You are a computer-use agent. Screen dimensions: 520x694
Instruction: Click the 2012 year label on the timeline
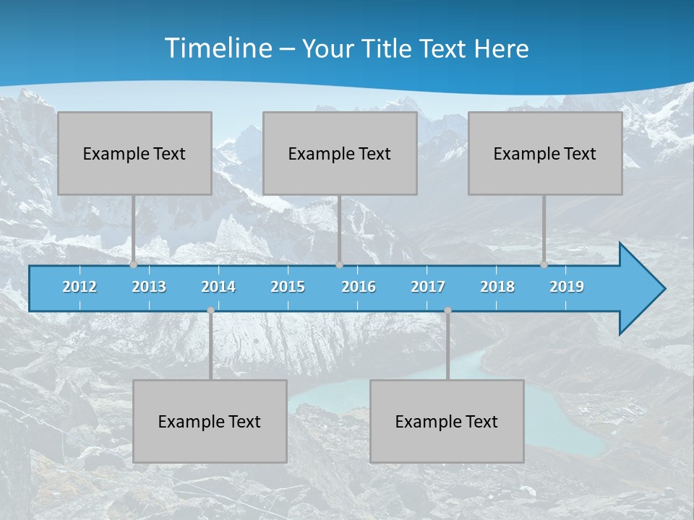80,287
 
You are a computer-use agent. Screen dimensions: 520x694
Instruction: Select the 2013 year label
149,287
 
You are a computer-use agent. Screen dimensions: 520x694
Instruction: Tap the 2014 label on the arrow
218,287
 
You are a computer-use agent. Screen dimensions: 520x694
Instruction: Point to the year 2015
288,287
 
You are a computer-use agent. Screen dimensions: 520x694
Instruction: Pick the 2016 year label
359,287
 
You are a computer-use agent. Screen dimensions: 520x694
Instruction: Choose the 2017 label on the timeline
428,287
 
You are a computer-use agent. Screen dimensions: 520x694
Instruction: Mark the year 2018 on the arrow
497,287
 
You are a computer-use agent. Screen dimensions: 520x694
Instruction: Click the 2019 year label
567,287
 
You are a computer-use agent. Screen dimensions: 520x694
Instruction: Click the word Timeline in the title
217,48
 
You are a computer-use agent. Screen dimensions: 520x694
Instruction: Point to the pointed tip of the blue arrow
663,289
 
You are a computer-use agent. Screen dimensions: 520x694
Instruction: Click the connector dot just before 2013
134,265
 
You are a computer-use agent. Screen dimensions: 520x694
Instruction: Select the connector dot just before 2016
339,265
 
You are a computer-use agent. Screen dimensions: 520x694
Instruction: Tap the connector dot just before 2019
544,265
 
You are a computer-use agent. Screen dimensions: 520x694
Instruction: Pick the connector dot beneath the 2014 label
210,311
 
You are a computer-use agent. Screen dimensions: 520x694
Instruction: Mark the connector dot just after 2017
447,311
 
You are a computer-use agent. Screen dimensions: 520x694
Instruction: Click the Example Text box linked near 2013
134,153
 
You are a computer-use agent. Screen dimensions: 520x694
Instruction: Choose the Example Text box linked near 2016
340,153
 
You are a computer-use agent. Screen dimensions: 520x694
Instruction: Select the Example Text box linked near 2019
545,153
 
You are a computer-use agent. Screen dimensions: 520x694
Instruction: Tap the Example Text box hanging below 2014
210,421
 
